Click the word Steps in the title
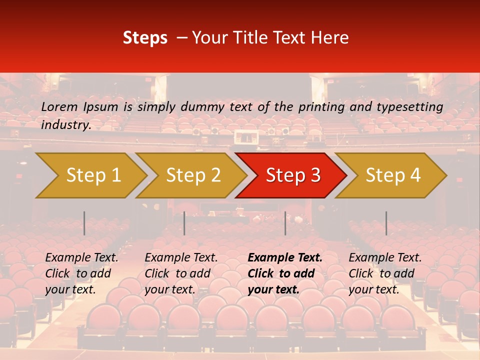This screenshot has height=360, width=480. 145,38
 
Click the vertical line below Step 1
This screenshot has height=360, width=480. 84,223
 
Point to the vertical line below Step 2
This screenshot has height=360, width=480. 184,223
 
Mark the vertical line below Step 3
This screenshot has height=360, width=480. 285,223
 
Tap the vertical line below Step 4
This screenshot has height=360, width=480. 386,223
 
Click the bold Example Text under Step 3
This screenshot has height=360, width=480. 285,258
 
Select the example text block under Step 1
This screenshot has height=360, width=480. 81,273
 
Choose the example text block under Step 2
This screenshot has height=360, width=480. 181,273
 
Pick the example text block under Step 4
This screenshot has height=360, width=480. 385,273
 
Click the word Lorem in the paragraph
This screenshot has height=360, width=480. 59,107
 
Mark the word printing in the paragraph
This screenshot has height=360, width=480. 321,107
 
